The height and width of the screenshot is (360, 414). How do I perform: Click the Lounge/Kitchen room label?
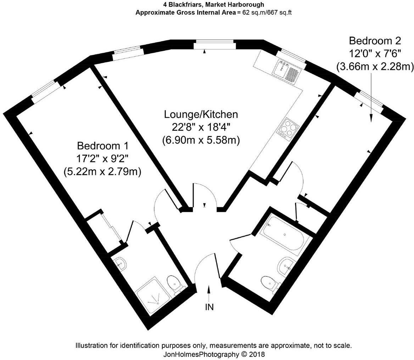click(x=201, y=115)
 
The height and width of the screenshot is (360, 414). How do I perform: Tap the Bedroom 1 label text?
click(x=102, y=146)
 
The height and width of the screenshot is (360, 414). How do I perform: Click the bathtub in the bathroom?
click(x=285, y=234)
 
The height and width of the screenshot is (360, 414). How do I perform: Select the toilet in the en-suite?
click(x=174, y=283)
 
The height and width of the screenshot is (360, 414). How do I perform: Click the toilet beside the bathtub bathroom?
click(x=269, y=283)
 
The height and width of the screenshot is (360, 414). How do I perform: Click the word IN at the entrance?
click(x=209, y=307)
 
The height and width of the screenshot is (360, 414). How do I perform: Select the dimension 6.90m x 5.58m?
click(x=201, y=140)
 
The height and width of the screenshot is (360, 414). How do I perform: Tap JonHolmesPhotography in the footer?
click(x=200, y=354)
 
